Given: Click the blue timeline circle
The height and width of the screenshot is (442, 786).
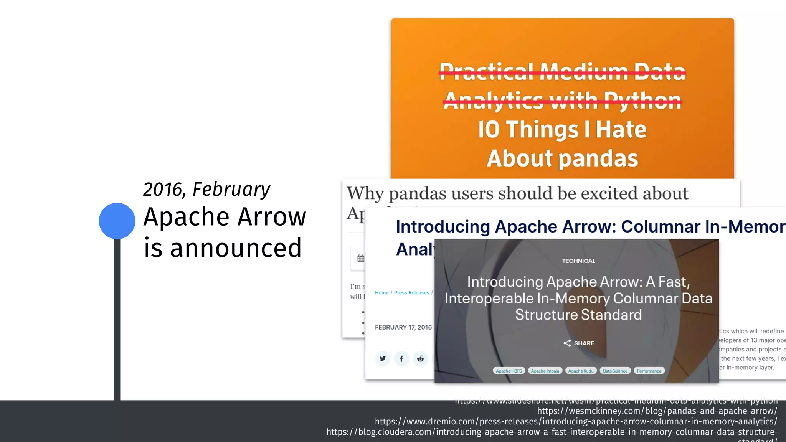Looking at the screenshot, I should click(117, 221).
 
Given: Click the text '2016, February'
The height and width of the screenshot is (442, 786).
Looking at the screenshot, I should click(206, 189).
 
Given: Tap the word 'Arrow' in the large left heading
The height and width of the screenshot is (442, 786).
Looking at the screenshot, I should click(272, 217).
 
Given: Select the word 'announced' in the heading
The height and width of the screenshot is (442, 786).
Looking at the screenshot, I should click(236, 248).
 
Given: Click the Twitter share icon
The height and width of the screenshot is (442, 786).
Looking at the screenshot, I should click(383, 358).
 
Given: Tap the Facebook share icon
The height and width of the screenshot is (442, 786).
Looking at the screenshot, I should click(401, 358).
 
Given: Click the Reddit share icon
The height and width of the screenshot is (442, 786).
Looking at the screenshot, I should click(421, 358).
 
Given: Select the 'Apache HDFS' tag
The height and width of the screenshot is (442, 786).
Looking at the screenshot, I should click(509, 371).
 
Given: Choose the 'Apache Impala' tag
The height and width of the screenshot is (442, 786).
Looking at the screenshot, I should click(545, 371).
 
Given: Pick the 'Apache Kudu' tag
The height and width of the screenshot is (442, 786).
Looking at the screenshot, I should click(581, 371).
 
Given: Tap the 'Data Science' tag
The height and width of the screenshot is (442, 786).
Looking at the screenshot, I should click(615, 371).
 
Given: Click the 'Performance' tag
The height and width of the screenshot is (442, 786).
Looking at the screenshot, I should click(649, 371).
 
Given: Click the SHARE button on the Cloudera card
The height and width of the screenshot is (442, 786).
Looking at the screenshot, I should click(579, 343).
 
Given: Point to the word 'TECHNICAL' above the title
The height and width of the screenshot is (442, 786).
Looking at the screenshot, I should click(578, 261).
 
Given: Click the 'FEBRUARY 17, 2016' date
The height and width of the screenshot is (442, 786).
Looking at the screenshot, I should click(403, 327).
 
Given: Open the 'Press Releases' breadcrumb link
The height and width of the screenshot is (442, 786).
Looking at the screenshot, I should click(411, 293).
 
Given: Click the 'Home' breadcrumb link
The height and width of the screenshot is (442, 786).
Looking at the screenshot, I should click(381, 293).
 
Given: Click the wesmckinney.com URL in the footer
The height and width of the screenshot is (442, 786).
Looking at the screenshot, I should click(657, 411).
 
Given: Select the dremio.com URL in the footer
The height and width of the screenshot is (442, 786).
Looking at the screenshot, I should click(576, 421).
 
